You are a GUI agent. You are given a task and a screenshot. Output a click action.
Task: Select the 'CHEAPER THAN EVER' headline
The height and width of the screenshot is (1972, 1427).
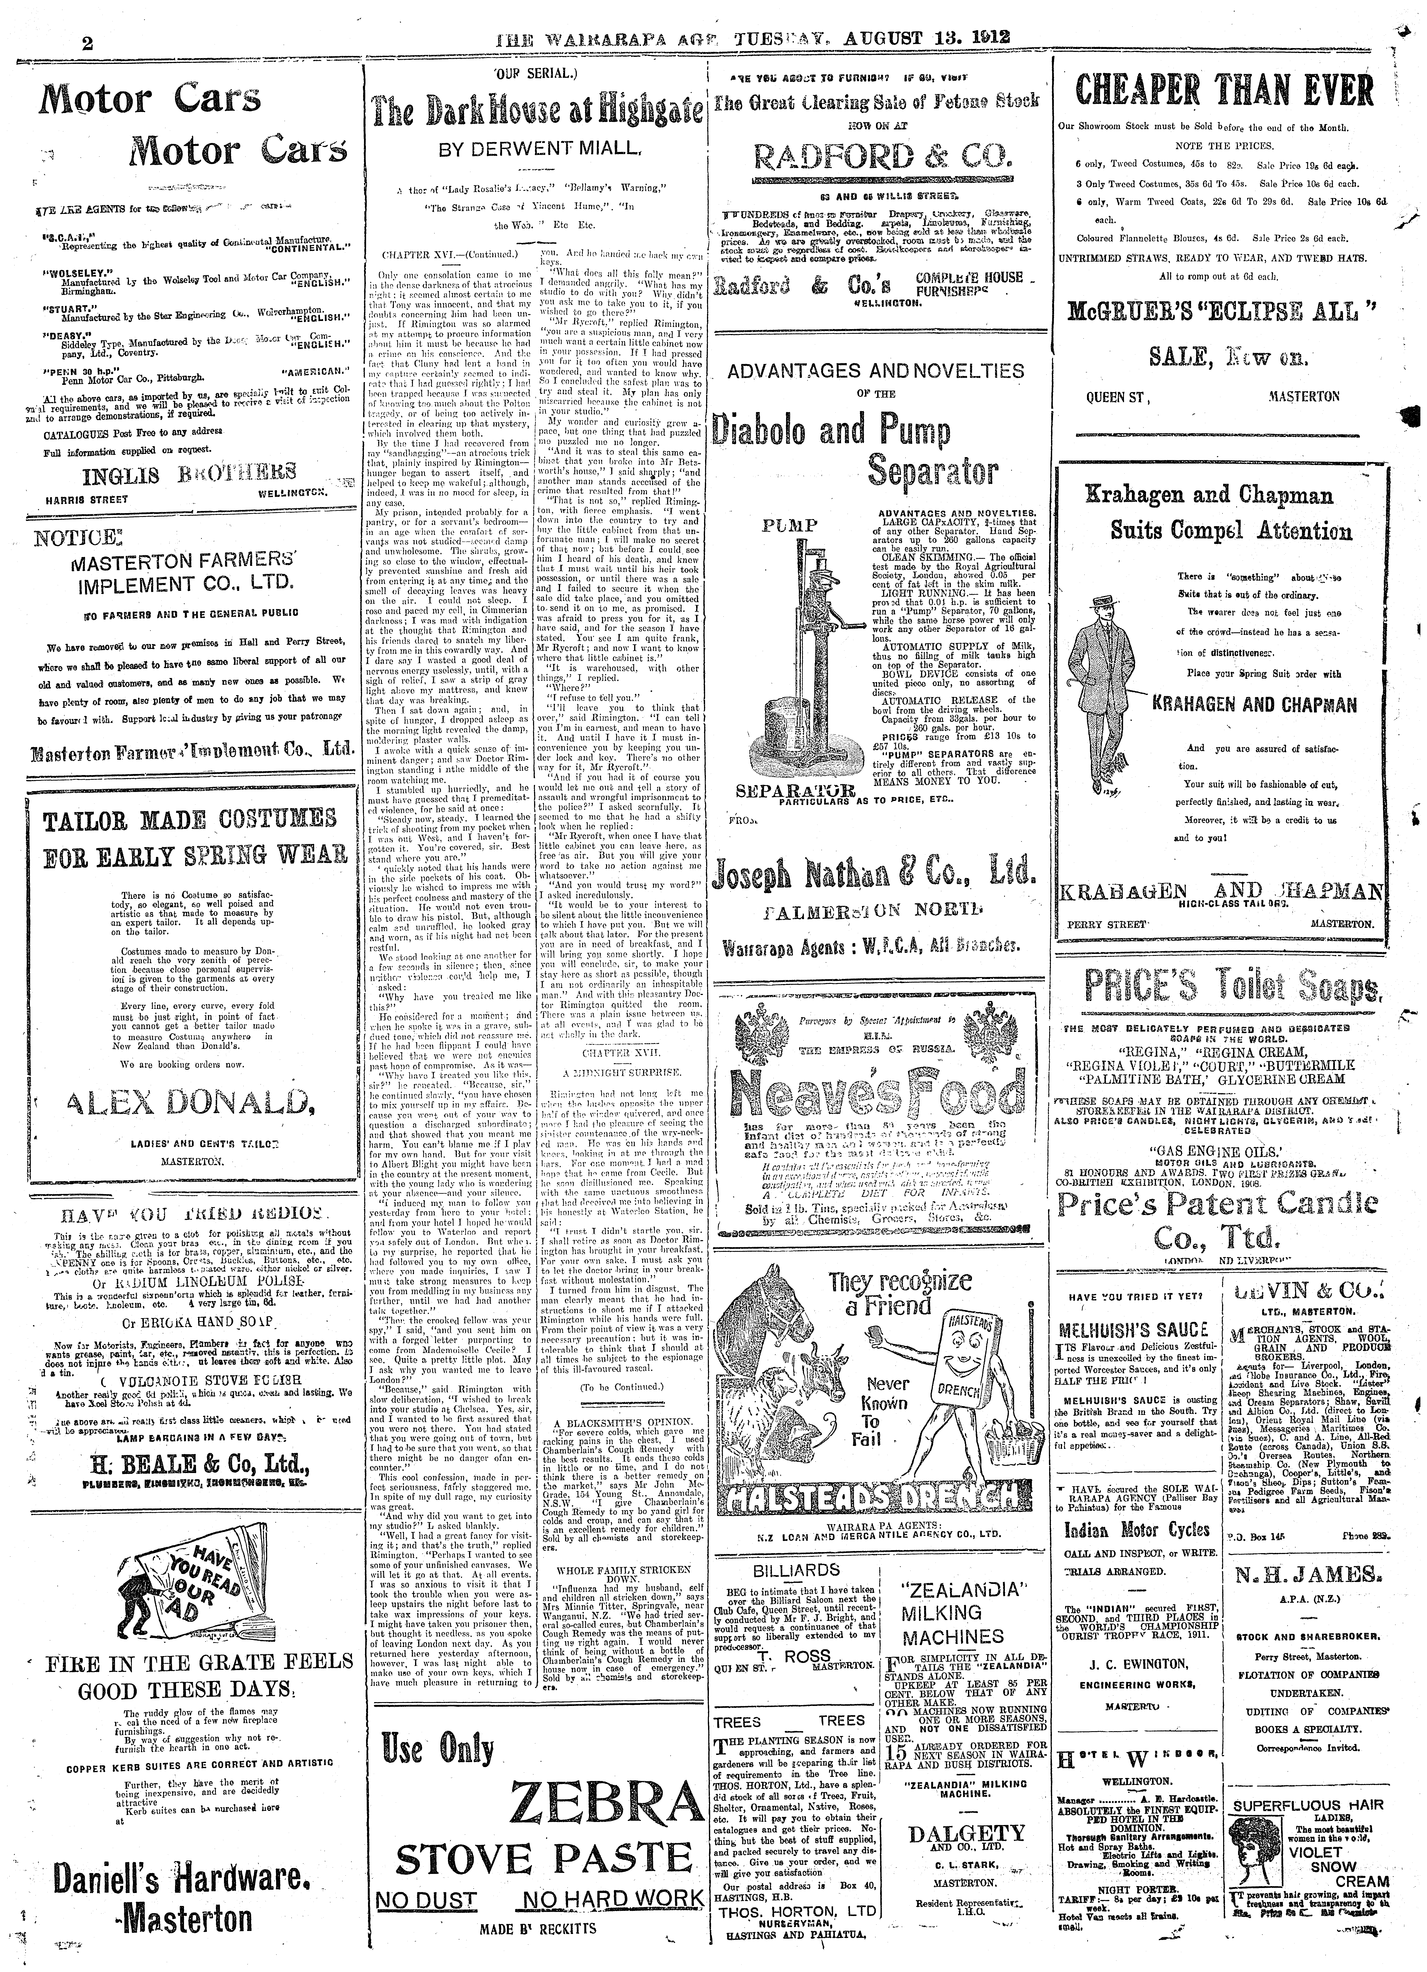coord(1224,90)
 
